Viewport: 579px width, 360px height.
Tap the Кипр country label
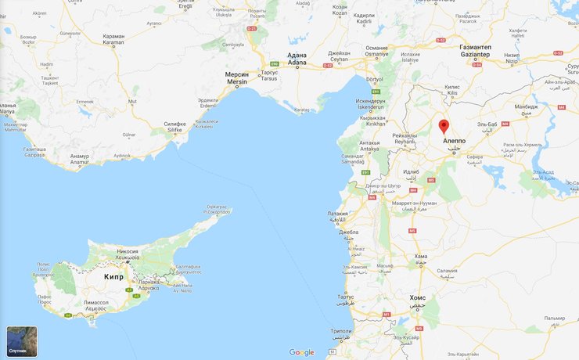(114, 277)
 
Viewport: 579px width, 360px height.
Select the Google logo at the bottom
(301, 352)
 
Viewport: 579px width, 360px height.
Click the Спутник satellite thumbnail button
(21, 341)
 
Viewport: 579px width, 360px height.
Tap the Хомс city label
(418, 299)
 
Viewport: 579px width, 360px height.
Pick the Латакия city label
(337, 216)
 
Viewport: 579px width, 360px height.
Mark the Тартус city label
(345, 298)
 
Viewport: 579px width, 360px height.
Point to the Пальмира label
(555, 319)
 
